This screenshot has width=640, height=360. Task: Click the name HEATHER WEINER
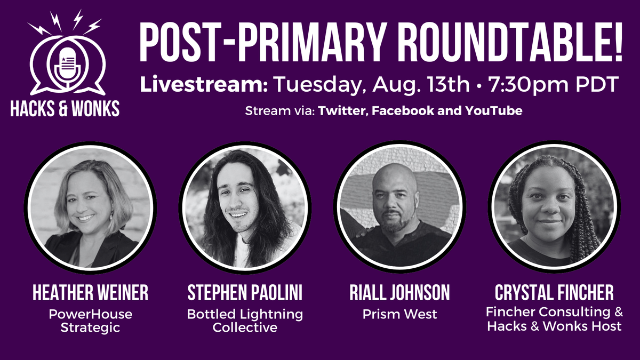[x=90, y=293]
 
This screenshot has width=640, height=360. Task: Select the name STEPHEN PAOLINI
[x=245, y=293]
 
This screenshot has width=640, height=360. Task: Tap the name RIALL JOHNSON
[x=399, y=293]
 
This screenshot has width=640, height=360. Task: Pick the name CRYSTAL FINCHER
[x=554, y=293]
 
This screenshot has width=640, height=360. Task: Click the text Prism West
[x=399, y=315]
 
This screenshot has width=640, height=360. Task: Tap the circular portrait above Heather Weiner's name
[x=90, y=209]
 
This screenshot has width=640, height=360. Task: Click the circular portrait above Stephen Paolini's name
[x=245, y=209]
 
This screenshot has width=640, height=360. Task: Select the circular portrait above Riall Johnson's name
[x=399, y=209]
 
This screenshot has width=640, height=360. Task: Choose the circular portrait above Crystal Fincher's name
[x=554, y=209]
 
